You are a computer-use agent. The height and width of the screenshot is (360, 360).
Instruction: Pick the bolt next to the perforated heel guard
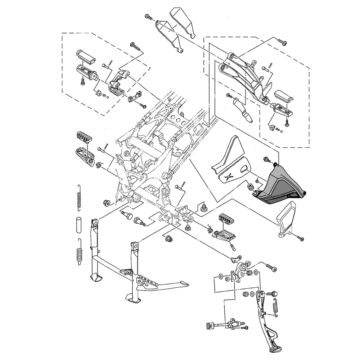coord(301,238)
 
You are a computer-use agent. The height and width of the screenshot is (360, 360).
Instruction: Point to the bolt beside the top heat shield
coord(148,17)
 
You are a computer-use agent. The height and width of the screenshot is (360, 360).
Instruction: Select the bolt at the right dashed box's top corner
coord(283,42)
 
